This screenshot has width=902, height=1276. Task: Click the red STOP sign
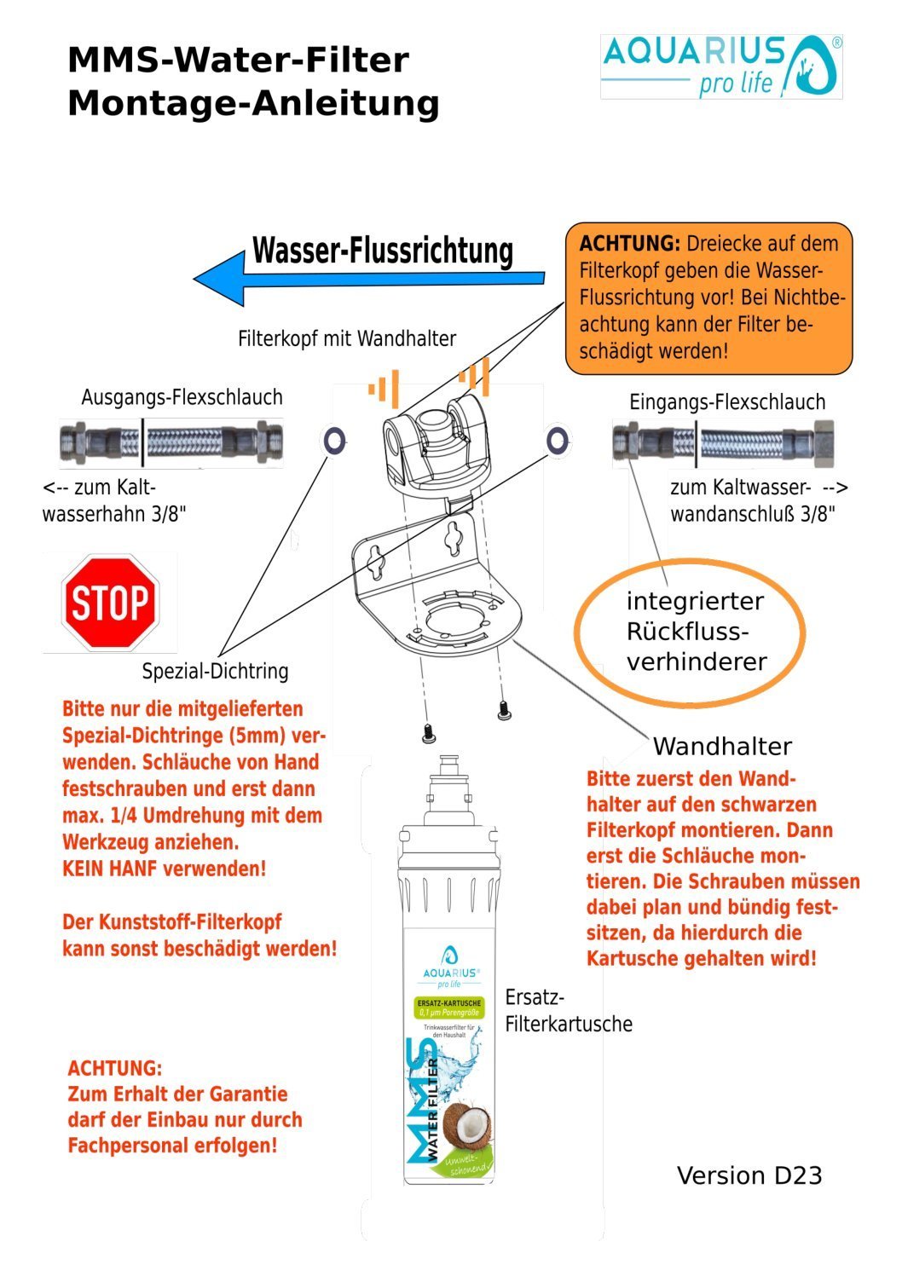coord(110,602)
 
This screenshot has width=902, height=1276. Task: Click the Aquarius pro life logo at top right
coord(721,66)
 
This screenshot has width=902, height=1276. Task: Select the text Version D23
coord(749,1175)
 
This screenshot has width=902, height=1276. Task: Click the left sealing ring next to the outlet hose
coord(334,441)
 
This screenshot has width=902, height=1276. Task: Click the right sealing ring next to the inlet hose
coord(558,441)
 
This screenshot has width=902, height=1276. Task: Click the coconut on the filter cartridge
coord(465,1126)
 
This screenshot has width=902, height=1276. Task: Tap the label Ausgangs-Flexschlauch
coord(182,397)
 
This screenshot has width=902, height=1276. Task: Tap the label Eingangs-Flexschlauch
coord(726,402)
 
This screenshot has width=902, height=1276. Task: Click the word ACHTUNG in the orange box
coord(629,244)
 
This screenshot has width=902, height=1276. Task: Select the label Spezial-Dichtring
coord(215,671)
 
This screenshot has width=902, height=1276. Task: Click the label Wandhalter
coord(722,747)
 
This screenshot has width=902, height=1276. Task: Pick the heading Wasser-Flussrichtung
coord(383,251)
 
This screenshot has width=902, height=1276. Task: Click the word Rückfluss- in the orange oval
coord(687,632)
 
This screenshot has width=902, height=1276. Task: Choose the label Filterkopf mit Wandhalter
coord(346,338)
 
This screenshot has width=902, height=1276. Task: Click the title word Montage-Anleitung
coord(253,104)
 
